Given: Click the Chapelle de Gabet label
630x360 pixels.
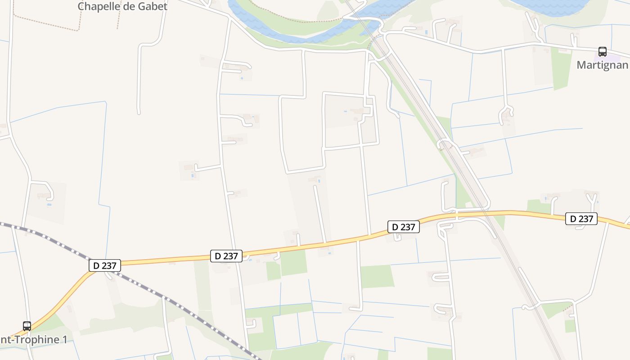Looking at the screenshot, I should (x=122, y=6).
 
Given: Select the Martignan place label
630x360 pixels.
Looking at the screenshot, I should (x=602, y=65).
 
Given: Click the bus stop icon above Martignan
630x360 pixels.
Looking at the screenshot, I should (x=602, y=51).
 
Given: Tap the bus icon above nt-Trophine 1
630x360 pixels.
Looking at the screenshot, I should (x=27, y=326).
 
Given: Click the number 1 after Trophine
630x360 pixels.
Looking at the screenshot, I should (x=64, y=339).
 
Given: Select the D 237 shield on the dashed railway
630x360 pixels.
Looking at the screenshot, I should (x=104, y=265).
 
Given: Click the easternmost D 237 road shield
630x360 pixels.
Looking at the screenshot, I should (x=581, y=219).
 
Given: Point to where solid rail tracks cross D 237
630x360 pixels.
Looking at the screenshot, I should (x=486, y=211).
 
